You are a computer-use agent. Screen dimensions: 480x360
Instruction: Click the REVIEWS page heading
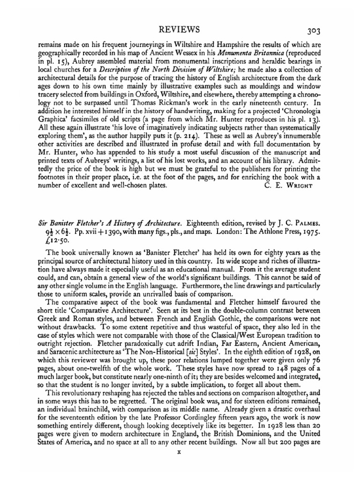click(180, 30)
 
